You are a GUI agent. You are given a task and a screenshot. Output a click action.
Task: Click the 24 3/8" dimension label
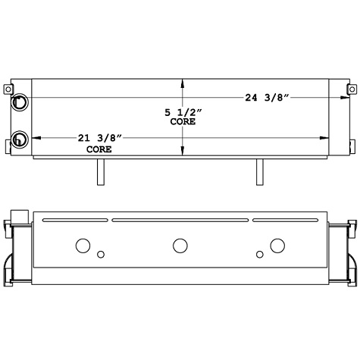[271, 97]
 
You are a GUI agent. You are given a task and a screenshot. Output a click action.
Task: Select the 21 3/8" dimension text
[100, 138]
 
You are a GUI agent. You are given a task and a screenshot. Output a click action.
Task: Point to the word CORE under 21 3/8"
[99, 149]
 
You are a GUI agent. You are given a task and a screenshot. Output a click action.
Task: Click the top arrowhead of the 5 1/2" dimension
[182, 83]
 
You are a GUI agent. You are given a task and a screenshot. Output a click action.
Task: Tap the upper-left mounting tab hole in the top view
[11, 89]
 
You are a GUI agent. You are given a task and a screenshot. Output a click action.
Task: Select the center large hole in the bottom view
[180, 245]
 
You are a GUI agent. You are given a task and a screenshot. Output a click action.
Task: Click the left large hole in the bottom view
[83, 245]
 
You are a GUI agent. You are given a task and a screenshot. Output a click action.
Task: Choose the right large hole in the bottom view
[277, 245]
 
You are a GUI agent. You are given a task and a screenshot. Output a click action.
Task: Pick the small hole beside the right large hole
[259, 254]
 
